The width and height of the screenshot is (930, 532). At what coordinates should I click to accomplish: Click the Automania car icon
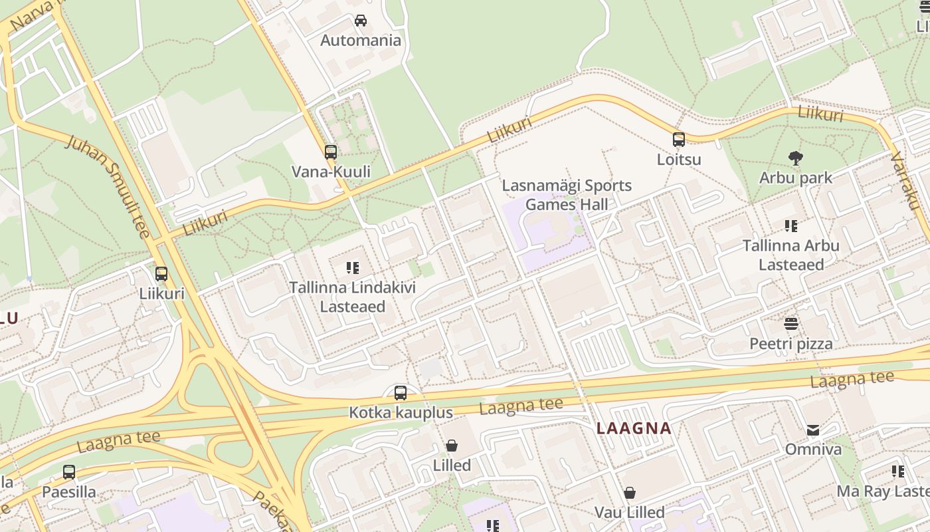[361, 21]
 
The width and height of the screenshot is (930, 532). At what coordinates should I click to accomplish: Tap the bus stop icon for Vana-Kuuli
[331, 152]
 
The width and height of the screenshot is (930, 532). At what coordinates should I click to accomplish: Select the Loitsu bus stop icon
[678, 140]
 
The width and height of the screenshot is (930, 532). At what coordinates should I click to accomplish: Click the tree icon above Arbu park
[795, 158]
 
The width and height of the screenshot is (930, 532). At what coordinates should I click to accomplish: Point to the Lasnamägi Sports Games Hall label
[567, 195]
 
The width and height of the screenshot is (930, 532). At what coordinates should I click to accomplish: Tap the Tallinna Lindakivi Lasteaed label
[352, 297]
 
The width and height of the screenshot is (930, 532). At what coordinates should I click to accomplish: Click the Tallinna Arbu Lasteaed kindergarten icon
[790, 226]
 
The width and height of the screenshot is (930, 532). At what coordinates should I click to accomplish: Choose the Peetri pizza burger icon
[790, 324]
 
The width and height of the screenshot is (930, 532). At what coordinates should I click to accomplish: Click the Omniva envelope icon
[813, 430]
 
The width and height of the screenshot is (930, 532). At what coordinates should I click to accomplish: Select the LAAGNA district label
[634, 428]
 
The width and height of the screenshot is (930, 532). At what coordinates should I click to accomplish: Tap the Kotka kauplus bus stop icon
[400, 392]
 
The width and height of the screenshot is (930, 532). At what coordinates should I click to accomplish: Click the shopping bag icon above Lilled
[452, 446]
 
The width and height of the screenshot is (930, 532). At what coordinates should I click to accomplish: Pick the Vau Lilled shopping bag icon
[629, 493]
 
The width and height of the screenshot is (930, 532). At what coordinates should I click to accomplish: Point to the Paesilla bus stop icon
[68, 472]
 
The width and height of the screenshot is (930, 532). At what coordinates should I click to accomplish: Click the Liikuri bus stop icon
[161, 273]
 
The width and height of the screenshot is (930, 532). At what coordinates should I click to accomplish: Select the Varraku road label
[905, 180]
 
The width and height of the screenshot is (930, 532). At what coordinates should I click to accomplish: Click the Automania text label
[361, 41]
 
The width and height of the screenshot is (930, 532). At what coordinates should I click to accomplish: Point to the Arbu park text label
[796, 178]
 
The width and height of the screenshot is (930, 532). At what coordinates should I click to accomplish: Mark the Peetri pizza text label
[790, 344]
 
